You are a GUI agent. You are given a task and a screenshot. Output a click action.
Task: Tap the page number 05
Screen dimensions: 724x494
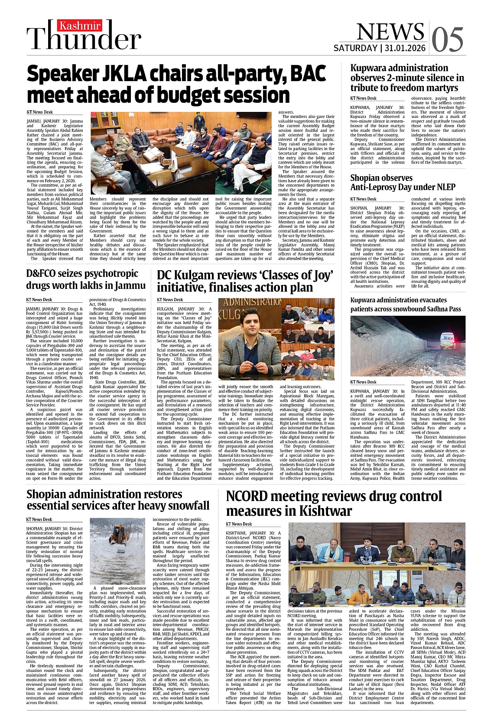click(448, 39)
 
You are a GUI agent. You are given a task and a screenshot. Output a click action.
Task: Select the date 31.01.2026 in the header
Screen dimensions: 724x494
click(405, 48)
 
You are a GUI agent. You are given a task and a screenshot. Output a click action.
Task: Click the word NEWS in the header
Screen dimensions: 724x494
click(390, 31)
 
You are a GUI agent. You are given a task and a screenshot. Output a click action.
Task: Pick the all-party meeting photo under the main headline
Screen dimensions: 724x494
click(181, 153)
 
